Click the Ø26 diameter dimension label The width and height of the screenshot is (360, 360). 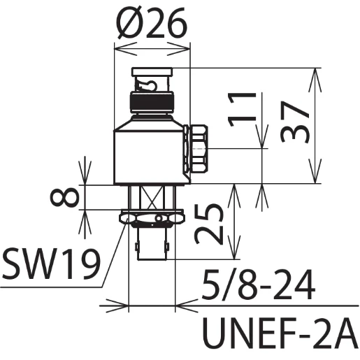tap(152, 23)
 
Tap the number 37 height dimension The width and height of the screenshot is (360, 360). tap(295, 122)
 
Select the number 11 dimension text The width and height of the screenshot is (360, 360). tap(242, 109)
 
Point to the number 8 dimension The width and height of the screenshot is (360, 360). tap(64, 198)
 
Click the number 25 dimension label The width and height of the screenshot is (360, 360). tap(208, 224)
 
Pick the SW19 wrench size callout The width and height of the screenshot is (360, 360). tap(51, 264)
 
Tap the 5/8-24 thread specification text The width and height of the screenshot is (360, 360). tap(258, 285)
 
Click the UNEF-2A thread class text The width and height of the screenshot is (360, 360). tap(280, 333)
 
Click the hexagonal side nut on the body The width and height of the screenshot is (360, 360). tap(195, 149)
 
